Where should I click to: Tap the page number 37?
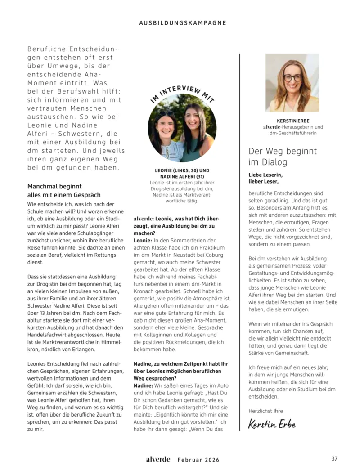(x=334, y=459)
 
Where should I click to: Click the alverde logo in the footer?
(x=157, y=459)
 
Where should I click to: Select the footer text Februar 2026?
(x=198, y=460)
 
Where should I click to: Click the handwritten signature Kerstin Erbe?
(x=272, y=424)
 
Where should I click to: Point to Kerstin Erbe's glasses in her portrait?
(x=293, y=77)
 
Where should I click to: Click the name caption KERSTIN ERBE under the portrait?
(x=293, y=121)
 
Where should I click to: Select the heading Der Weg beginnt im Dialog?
(x=283, y=156)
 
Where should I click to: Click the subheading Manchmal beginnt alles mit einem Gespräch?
(x=64, y=190)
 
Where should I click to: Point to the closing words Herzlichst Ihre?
(x=265, y=411)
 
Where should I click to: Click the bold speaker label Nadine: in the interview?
(x=144, y=386)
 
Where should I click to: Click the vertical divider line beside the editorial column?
(x=240, y=243)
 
